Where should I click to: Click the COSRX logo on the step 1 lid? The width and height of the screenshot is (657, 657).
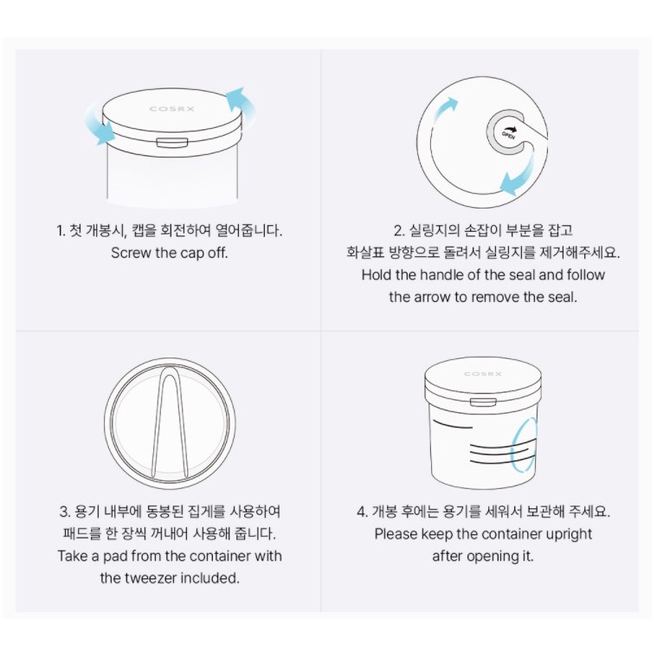tap(171, 109)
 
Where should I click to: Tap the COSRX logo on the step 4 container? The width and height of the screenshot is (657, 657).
tap(483, 374)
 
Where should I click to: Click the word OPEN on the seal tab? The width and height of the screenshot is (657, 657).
tap(509, 135)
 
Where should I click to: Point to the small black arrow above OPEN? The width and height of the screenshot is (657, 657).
tap(510, 127)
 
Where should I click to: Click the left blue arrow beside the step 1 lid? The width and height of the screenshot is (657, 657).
tap(100, 126)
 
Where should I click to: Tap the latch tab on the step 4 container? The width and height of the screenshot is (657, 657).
tap(483, 403)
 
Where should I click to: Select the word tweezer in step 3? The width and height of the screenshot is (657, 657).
tap(148, 578)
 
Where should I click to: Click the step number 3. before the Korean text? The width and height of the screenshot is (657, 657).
tap(65, 512)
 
